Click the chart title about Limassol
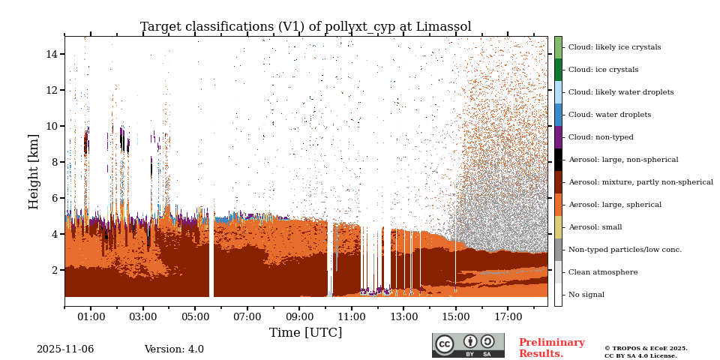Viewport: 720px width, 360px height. click(305, 27)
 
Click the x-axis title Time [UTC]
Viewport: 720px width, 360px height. click(305, 332)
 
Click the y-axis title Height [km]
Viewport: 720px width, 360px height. click(34, 171)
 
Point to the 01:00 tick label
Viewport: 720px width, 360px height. click(91, 317)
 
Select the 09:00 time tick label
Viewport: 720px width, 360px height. click(299, 317)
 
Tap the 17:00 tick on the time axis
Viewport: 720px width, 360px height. click(508, 317)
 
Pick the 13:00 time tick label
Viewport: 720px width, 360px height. click(403, 317)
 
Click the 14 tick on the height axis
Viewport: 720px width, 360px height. click(52, 54)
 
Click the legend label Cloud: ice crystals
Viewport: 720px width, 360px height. click(603, 70)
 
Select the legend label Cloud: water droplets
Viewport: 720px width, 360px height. click(608, 115)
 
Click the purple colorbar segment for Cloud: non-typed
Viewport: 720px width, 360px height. click(558, 137)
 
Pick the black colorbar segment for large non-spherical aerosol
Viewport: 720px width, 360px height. click(558, 160)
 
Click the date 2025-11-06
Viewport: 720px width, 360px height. click(65, 349)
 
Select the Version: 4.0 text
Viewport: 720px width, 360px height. click(174, 349)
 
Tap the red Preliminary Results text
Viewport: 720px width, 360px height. click(551, 348)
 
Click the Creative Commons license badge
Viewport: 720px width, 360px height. click(468, 345)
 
